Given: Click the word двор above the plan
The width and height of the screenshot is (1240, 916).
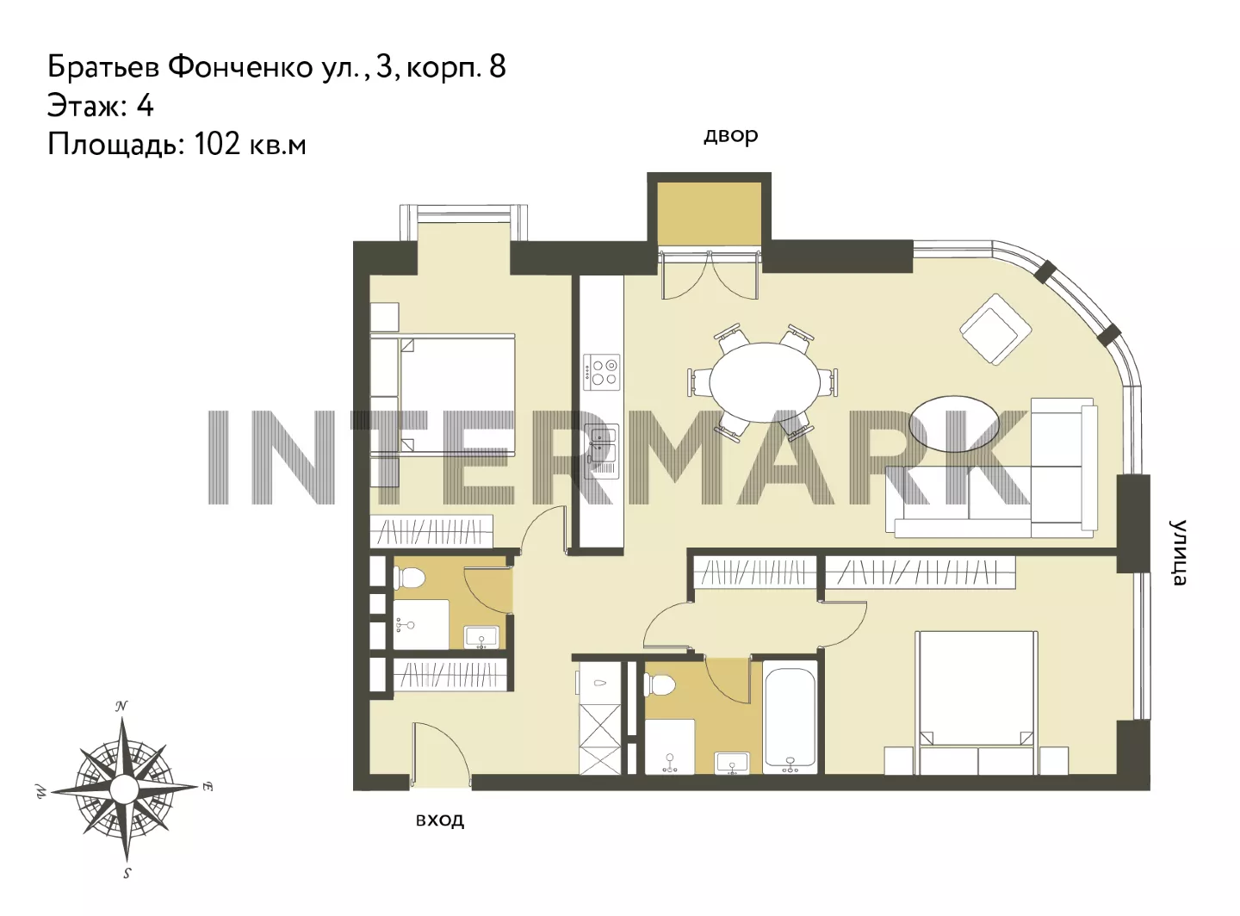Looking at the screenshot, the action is pyautogui.click(x=730, y=136).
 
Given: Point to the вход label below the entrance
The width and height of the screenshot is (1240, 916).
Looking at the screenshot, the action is pyautogui.click(x=440, y=820).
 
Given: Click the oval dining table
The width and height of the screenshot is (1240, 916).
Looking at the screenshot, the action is pyautogui.click(x=765, y=383).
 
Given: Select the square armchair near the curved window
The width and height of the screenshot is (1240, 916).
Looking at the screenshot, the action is pyautogui.click(x=995, y=329).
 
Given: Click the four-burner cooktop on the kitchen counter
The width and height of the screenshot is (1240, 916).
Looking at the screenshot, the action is pyautogui.click(x=602, y=372).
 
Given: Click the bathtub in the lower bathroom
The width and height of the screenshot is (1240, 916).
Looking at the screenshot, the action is pyautogui.click(x=790, y=719).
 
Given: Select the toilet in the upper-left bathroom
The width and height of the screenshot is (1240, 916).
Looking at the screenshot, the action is pyautogui.click(x=410, y=578).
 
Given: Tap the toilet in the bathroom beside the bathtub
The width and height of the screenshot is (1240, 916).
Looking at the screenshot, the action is pyautogui.click(x=660, y=684).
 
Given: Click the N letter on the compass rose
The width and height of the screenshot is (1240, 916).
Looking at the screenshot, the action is pyautogui.click(x=121, y=707).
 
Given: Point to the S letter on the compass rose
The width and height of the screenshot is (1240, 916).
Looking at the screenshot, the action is pyautogui.click(x=127, y=874).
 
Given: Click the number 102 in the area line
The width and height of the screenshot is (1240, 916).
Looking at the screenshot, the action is pyautogui.click(x=217, y=144).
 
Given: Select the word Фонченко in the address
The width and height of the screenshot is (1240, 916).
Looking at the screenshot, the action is pyautogui.click(x=241, y=67).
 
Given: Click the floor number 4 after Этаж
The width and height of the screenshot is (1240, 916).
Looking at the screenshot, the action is pyautogui.click(x=145, y=106).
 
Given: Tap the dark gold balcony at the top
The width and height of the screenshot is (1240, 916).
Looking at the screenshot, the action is pyautogui.click(x=709, y=214).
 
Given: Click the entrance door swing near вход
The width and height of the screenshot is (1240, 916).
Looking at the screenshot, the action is pyautogui.click(x=442, y=750).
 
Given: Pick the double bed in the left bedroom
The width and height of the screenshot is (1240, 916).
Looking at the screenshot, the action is pyautogui.click(x=443, y=395).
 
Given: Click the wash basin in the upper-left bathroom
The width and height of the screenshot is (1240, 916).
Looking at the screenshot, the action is pyautogui.click(x=481, y=638).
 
